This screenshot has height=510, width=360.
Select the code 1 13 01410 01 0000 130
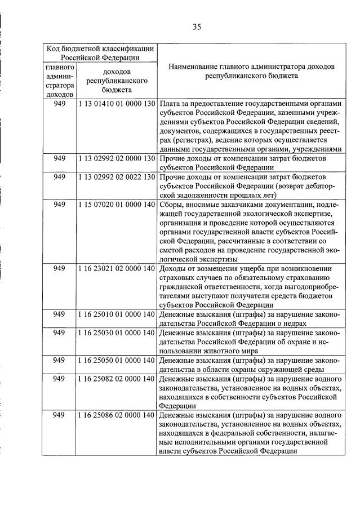point(117,105)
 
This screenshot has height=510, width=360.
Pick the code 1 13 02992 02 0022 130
point(117,177)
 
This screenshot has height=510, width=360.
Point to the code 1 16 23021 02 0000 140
point(117,268)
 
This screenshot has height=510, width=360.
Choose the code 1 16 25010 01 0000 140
point(117,314)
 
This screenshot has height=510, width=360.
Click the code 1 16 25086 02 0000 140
point(117,415)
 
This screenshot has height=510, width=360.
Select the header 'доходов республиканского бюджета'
point(117,81)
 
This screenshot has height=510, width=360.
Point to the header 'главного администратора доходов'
point(60,81)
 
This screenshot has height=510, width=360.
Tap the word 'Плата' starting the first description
point(170,105)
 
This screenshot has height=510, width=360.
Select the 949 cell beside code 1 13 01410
point(60,105)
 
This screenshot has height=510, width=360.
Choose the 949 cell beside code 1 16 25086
point(60,415)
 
